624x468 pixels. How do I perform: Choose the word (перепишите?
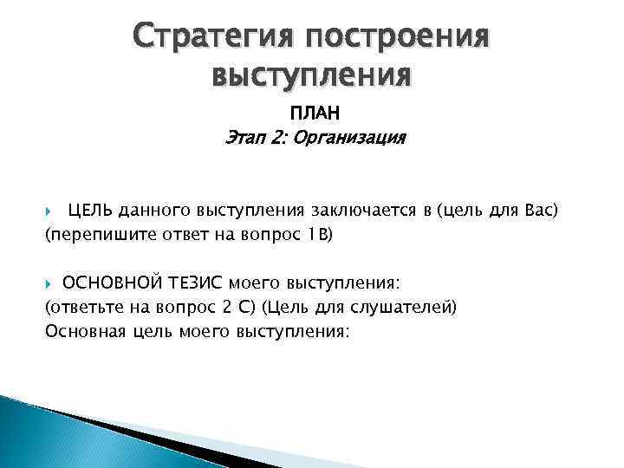coord(88,233)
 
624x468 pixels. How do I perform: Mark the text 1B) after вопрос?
coord(318,233)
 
